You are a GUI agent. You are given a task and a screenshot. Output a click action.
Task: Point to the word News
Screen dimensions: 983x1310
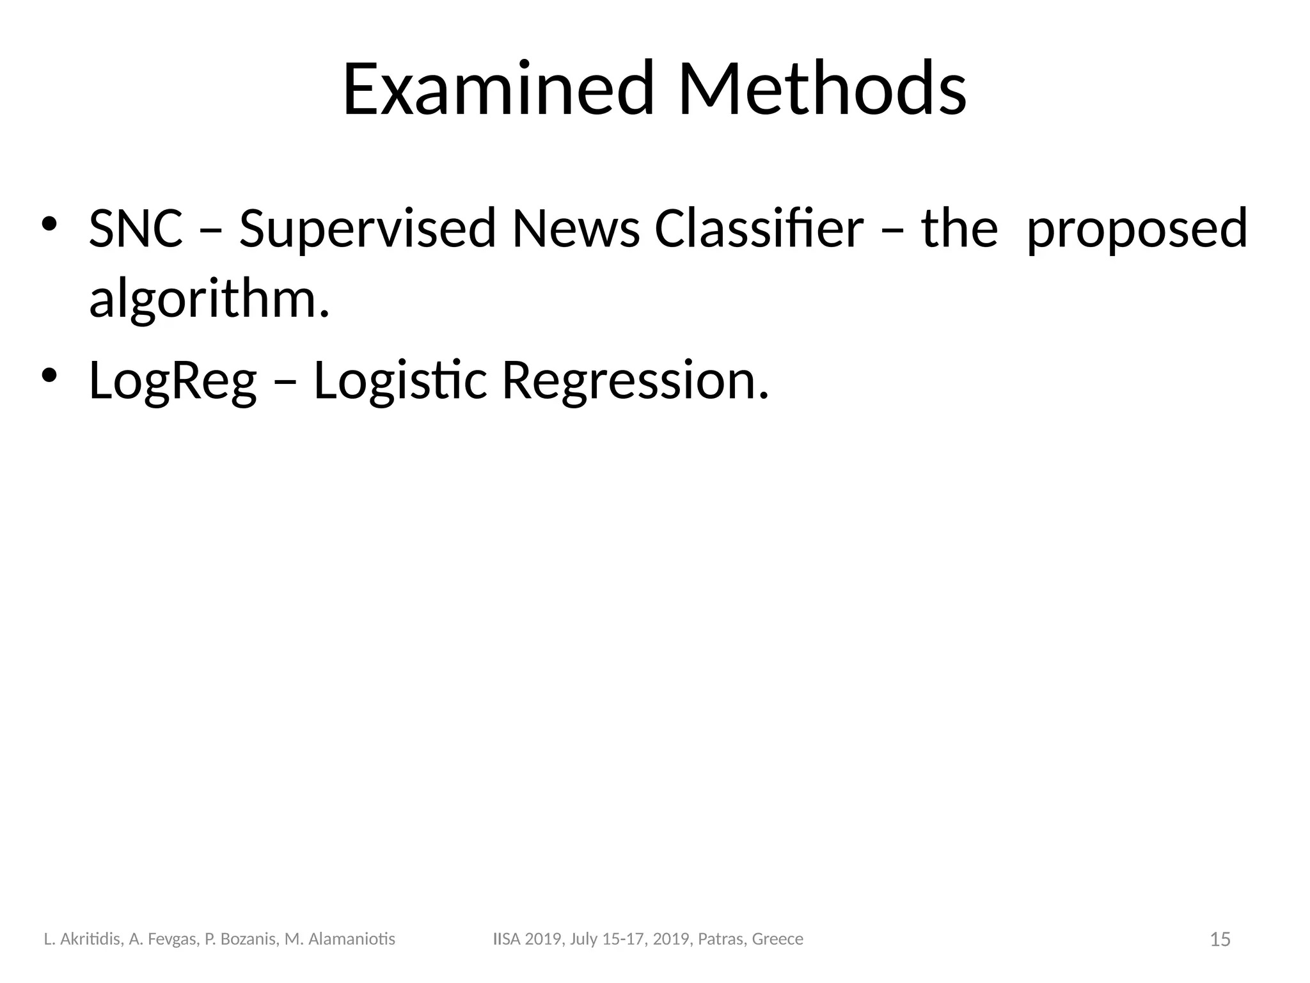576,228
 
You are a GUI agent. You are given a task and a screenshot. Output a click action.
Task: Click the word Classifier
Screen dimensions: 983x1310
759,228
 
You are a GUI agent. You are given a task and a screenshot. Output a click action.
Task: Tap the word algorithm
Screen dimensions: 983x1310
209,300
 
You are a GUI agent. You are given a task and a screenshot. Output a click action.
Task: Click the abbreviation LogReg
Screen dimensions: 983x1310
173,381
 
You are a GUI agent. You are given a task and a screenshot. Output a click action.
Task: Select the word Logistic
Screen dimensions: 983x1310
400,381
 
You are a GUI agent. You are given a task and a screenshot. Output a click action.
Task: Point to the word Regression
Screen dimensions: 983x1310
635,381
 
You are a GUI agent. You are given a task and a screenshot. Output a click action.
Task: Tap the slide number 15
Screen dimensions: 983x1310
1220,939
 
